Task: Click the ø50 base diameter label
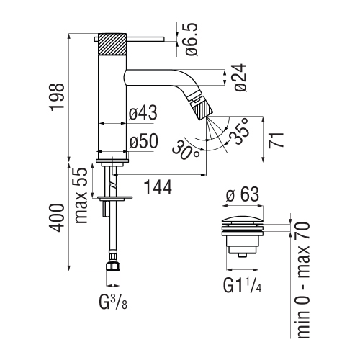144,142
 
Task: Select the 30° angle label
186,151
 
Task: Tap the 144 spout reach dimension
157,187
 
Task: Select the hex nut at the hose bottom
112,266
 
